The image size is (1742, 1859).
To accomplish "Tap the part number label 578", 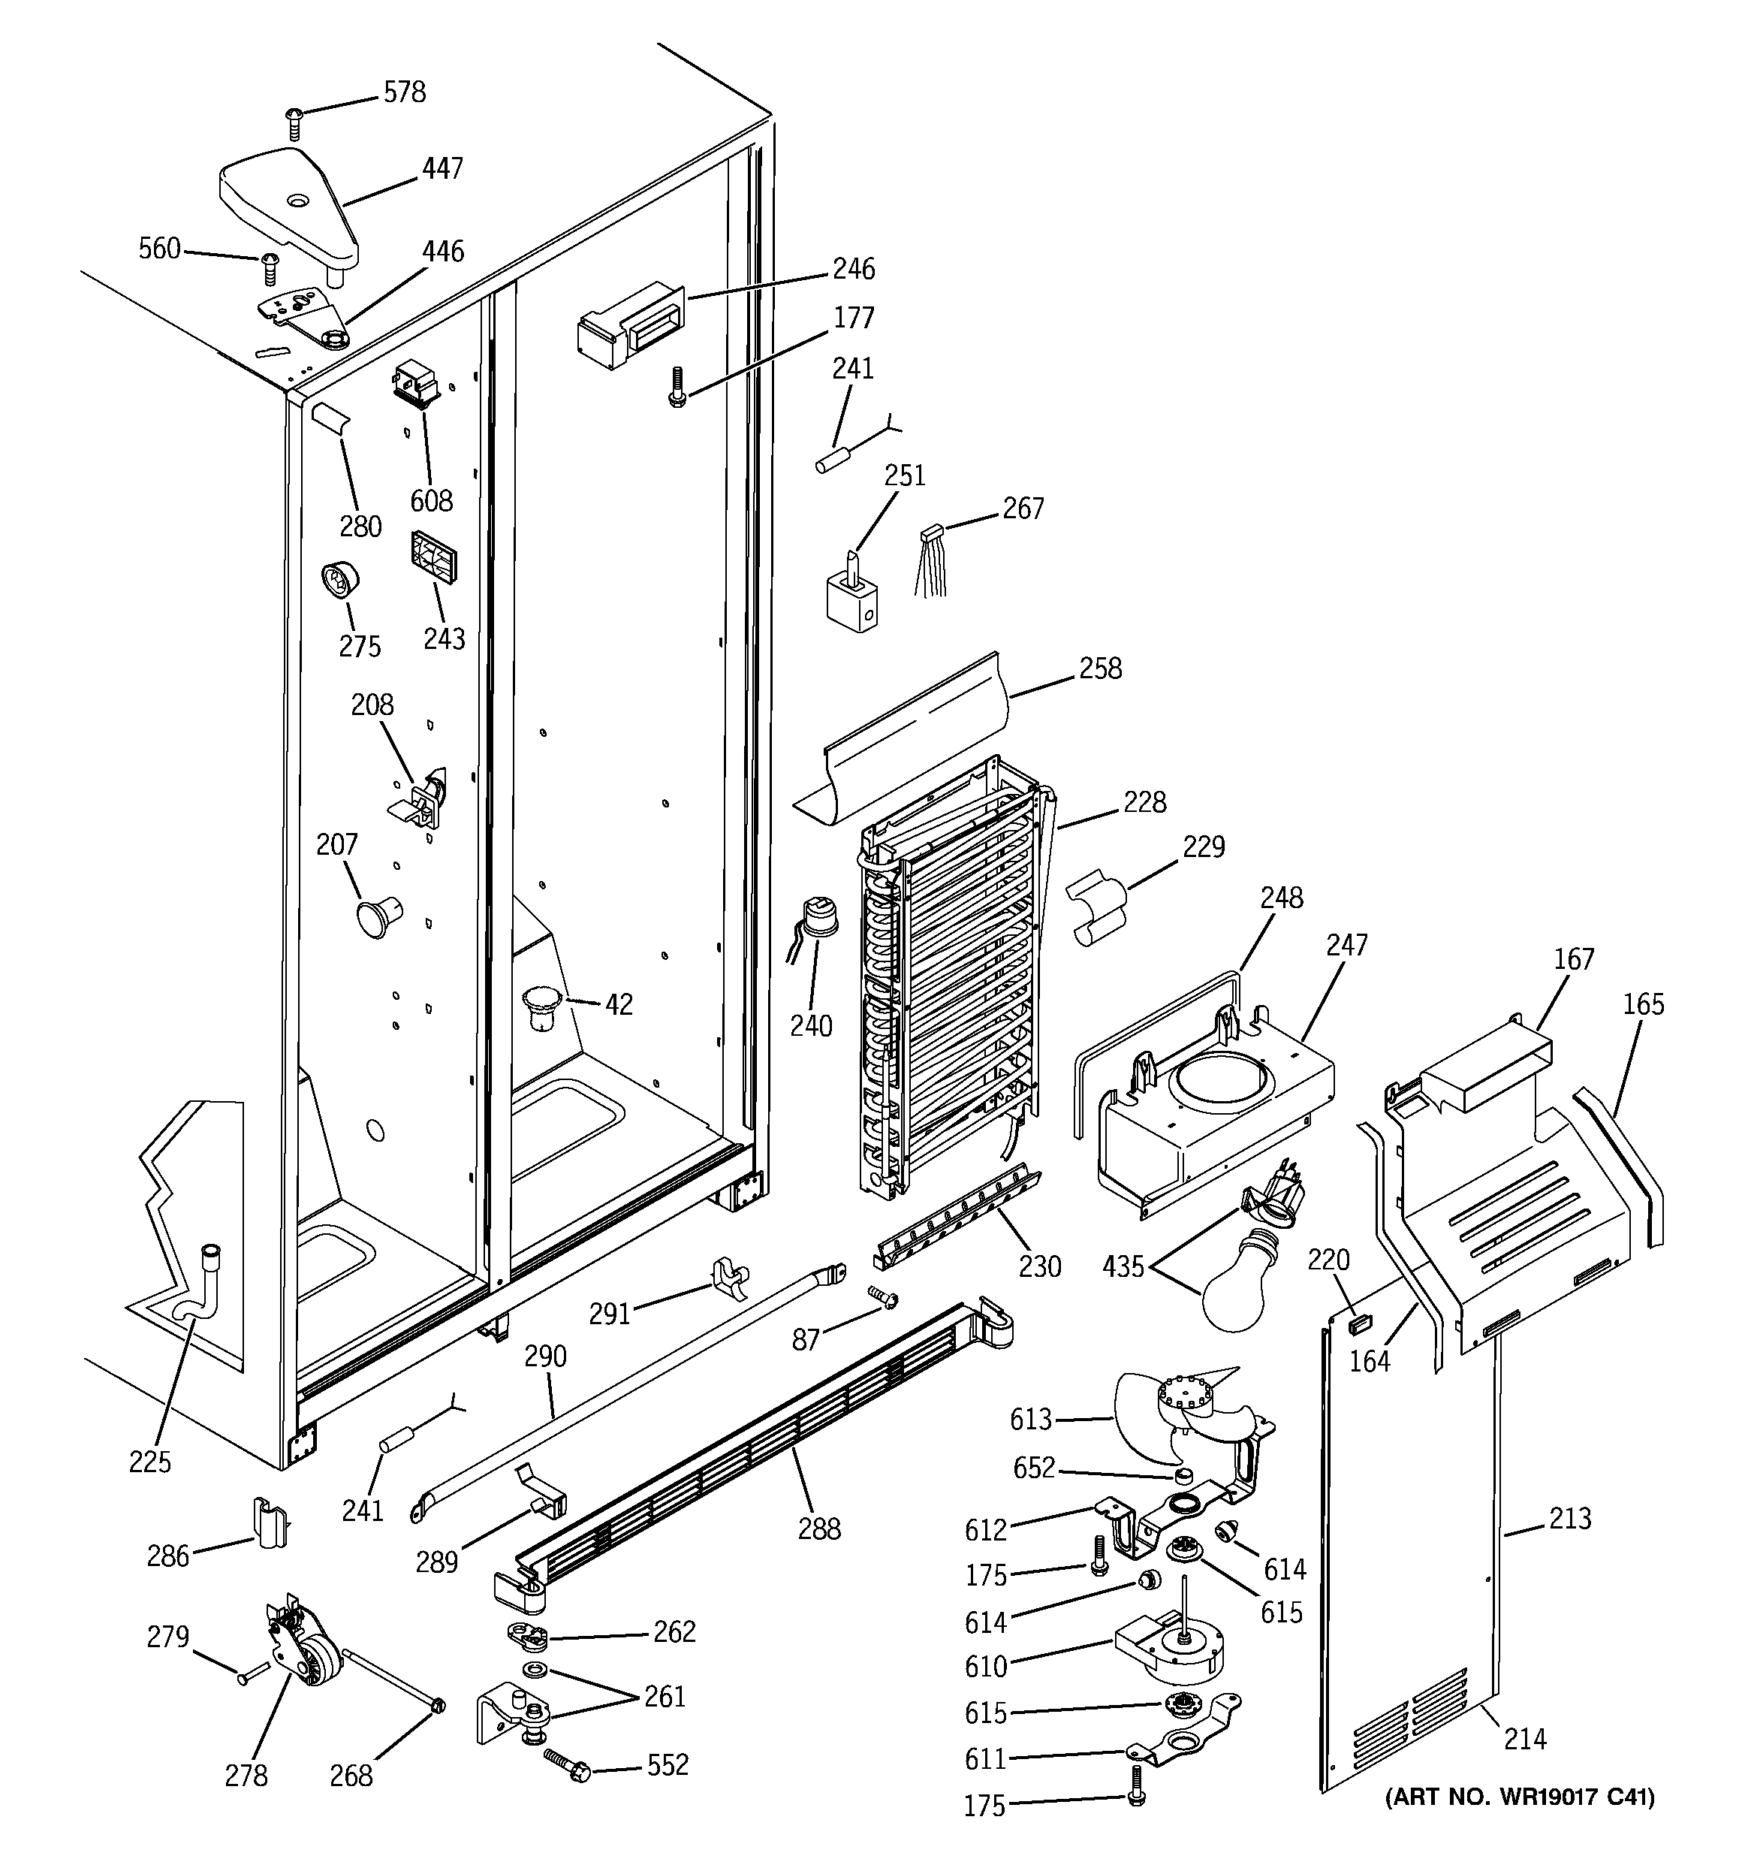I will (404, 92).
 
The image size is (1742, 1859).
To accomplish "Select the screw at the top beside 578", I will (294, 123).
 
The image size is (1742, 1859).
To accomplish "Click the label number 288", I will (819, 1529).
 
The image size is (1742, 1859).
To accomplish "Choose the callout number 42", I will (619, 1004).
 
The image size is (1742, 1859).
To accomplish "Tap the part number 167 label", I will (1574, 959).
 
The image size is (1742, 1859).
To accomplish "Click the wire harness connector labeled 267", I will (930, 562).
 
